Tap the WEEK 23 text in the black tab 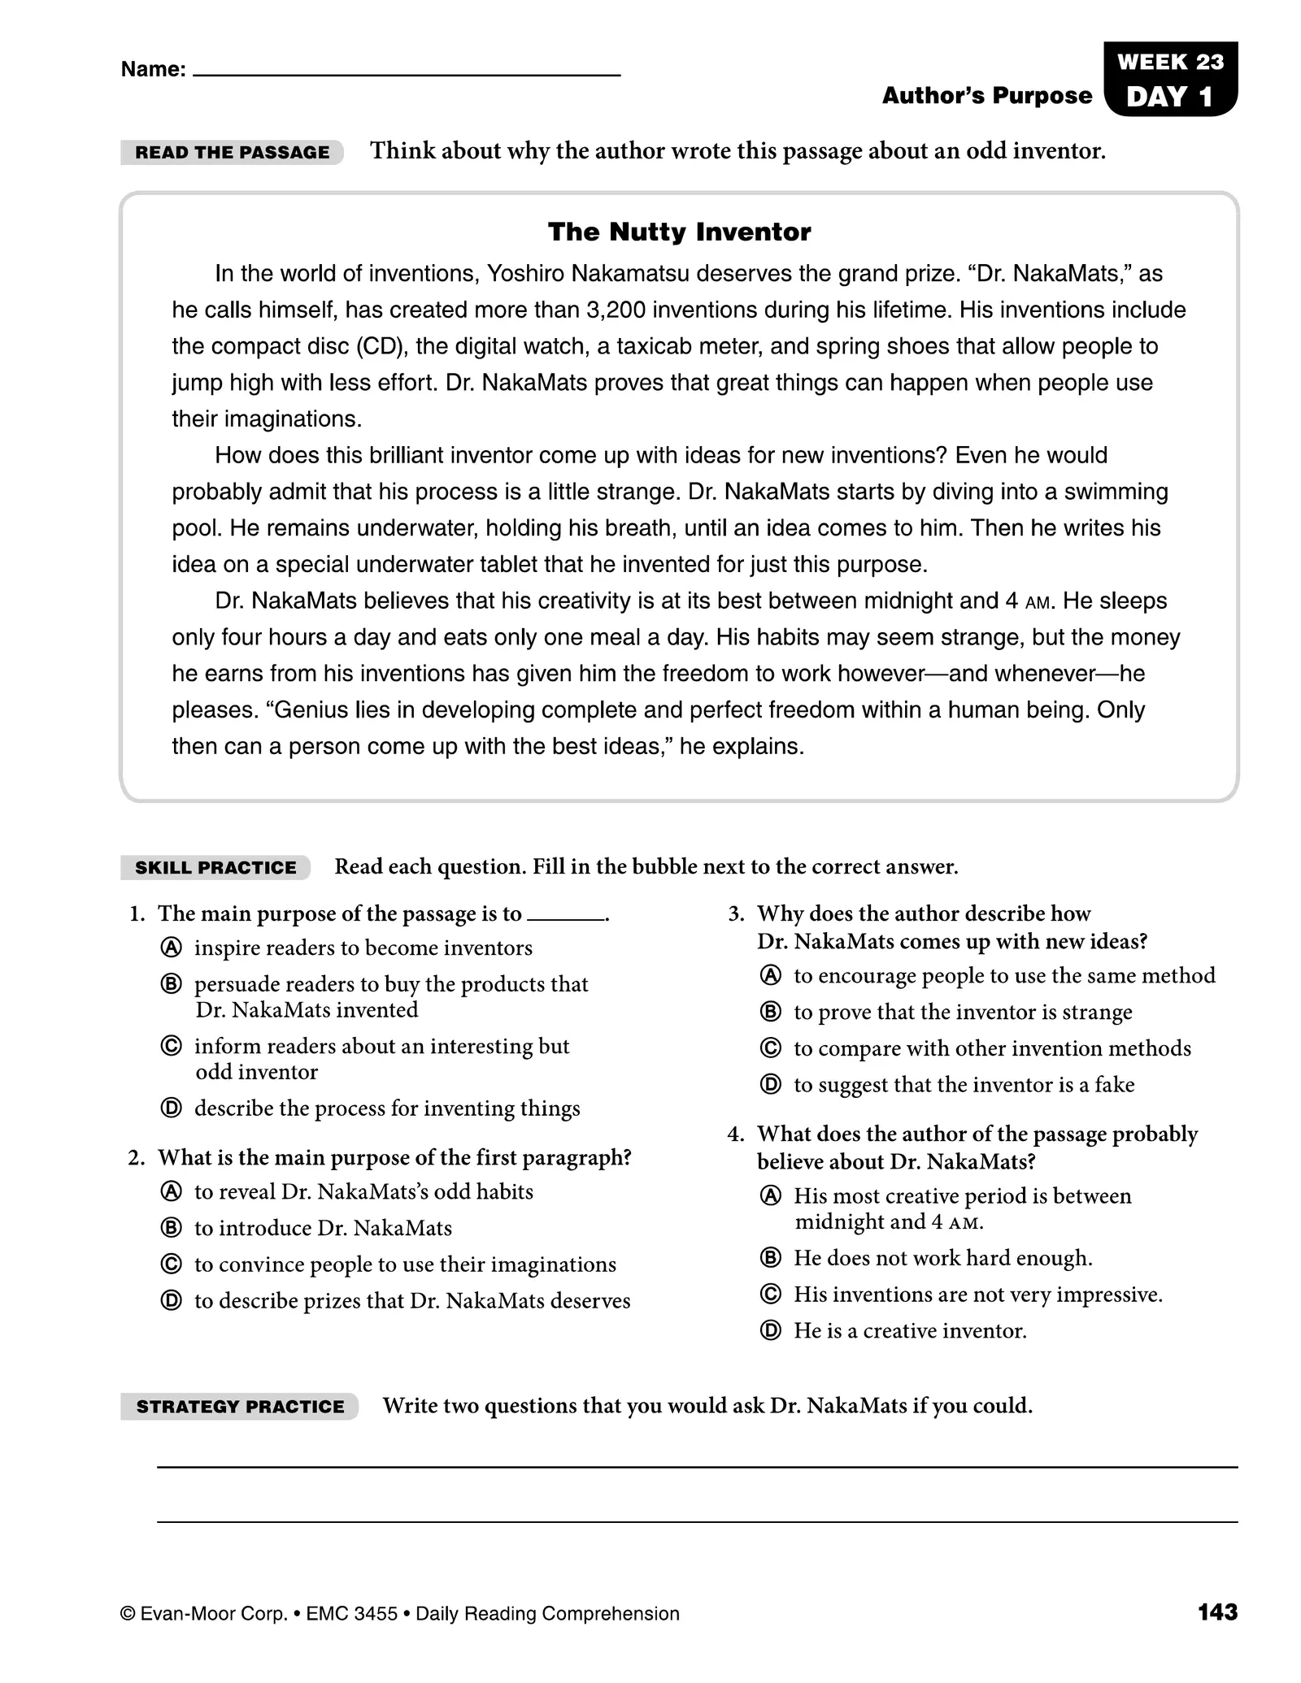click(1170, 62)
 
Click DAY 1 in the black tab click(1170, 97)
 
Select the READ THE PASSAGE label click(232, 152)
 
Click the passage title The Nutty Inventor click(679, 232)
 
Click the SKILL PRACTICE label click(215, 867)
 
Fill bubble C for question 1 click(171, 1046)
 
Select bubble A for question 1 click(171, 948)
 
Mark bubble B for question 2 click(171, 1228)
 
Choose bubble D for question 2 click(171, 1300)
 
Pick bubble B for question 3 click(770, 1012)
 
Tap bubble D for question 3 click(770, 1084)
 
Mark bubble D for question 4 click(770, 1330)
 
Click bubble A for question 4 click(770, 1195)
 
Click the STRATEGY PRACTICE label click(240, 1407)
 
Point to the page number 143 click(1217, 1612)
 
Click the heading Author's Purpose click(986, 96)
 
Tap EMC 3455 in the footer click(351, 1614)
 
